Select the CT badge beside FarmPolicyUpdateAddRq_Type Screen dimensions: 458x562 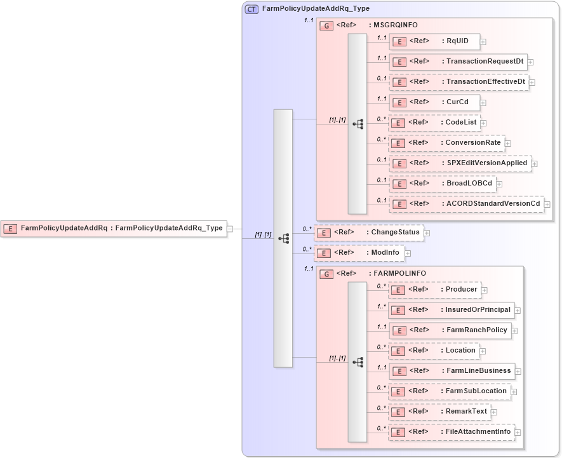pyautogui.click(x=251, y=9)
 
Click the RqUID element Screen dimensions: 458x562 pyautogui.click(x=434, y=41)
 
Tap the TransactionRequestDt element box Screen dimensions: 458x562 pyautogui.click(x=457, y=62)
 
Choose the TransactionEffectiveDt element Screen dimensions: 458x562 pyautogui.click(x=458, y=82)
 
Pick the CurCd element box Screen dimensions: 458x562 pyautogui.click(x=434, y=102)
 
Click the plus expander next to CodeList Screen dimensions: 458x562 pyautogui.click(x=484, y=123)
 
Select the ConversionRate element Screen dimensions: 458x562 pyautogui.click(x=446, y=143)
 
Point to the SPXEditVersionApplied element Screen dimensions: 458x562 pyautogui.click(x=460, y=163)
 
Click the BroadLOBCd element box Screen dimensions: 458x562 pyautogui.click(x=442, y=184)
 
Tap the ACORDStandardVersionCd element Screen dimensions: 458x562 pyautogui.click(x=466, y=204)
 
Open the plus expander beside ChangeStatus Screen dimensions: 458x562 pyautogui.click(x=427, y=232)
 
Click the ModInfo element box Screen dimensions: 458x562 pyautogui.click(x=359, y=253)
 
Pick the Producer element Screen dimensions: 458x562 pyautogui.click(x=434, y=290)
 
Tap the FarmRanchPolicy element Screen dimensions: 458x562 pyautogui.click(x=450, y=330)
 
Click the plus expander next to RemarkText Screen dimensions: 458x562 pyautogui.click(x=494, y=412)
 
